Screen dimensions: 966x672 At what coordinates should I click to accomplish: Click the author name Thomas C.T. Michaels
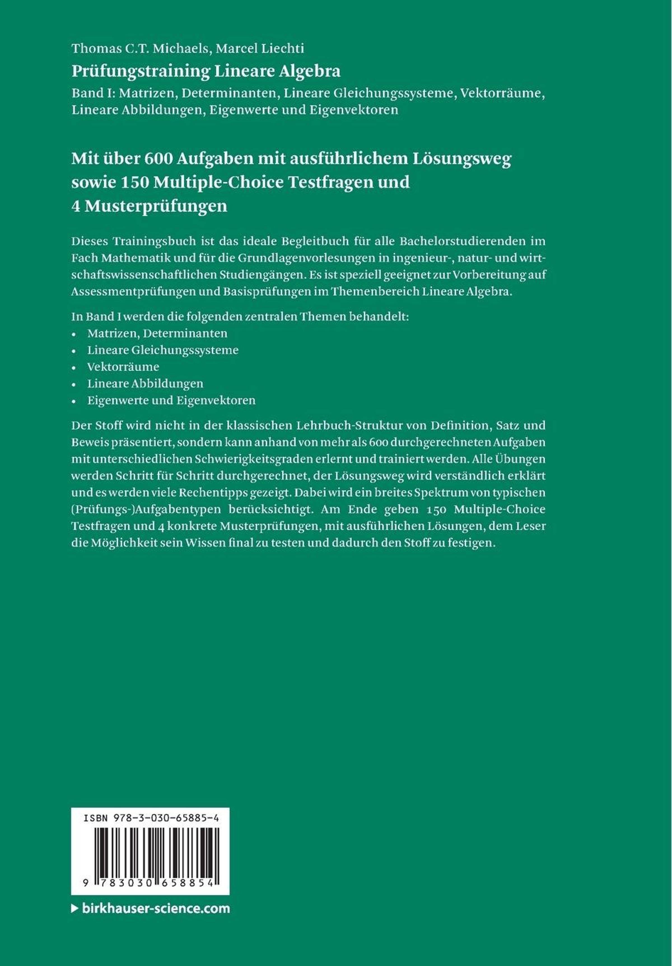click(x=140, y=49)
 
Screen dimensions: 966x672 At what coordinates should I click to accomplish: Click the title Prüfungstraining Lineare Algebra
click(x=206, y=71)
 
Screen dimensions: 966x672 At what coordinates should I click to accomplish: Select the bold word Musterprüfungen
click(x=156, y=206)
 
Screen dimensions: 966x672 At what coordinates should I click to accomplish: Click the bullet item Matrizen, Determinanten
click(x=157, y=333)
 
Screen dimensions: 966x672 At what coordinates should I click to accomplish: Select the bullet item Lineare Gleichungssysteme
click(x=163, y=350)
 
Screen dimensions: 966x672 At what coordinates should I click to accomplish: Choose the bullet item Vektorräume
click(x=123, y=367)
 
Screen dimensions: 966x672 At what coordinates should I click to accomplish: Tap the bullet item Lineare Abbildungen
click(x=145, y=384)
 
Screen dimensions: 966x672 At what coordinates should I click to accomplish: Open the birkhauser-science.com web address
click(x=156, y=908)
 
